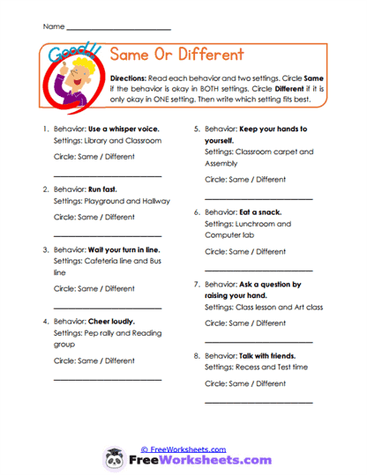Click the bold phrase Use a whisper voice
tap(124, 130)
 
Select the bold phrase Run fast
tap(102, 189)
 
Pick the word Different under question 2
tap(120, 217)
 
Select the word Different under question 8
tap(271, 383)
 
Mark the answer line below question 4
tap(108, 379)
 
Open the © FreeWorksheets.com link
tap(183, 449)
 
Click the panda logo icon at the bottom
tap(114, 459)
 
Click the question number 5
tap(196, 130)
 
